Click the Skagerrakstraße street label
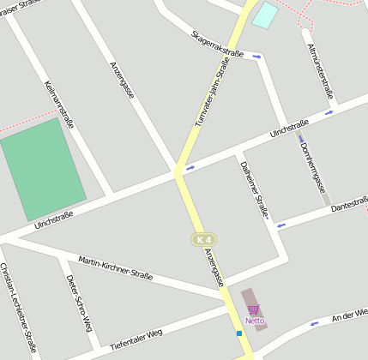tap(219, 44)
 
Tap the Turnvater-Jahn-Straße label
tap(212, 93)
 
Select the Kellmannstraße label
tap(59, 104)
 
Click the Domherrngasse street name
tap(313, 167)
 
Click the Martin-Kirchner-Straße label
tap(115, 267)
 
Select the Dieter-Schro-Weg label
tap(78, 307)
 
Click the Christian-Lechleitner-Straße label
tap(18, 309)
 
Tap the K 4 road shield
tap(202, 239)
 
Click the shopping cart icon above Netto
tap(253, 310)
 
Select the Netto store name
tap(255, 321)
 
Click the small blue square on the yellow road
tap(238, 333)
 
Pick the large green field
tap(43, 169)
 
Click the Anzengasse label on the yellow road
tap(214, 267)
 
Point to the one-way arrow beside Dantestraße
tap(279, 225)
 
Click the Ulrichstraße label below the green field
tap(53, 220)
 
